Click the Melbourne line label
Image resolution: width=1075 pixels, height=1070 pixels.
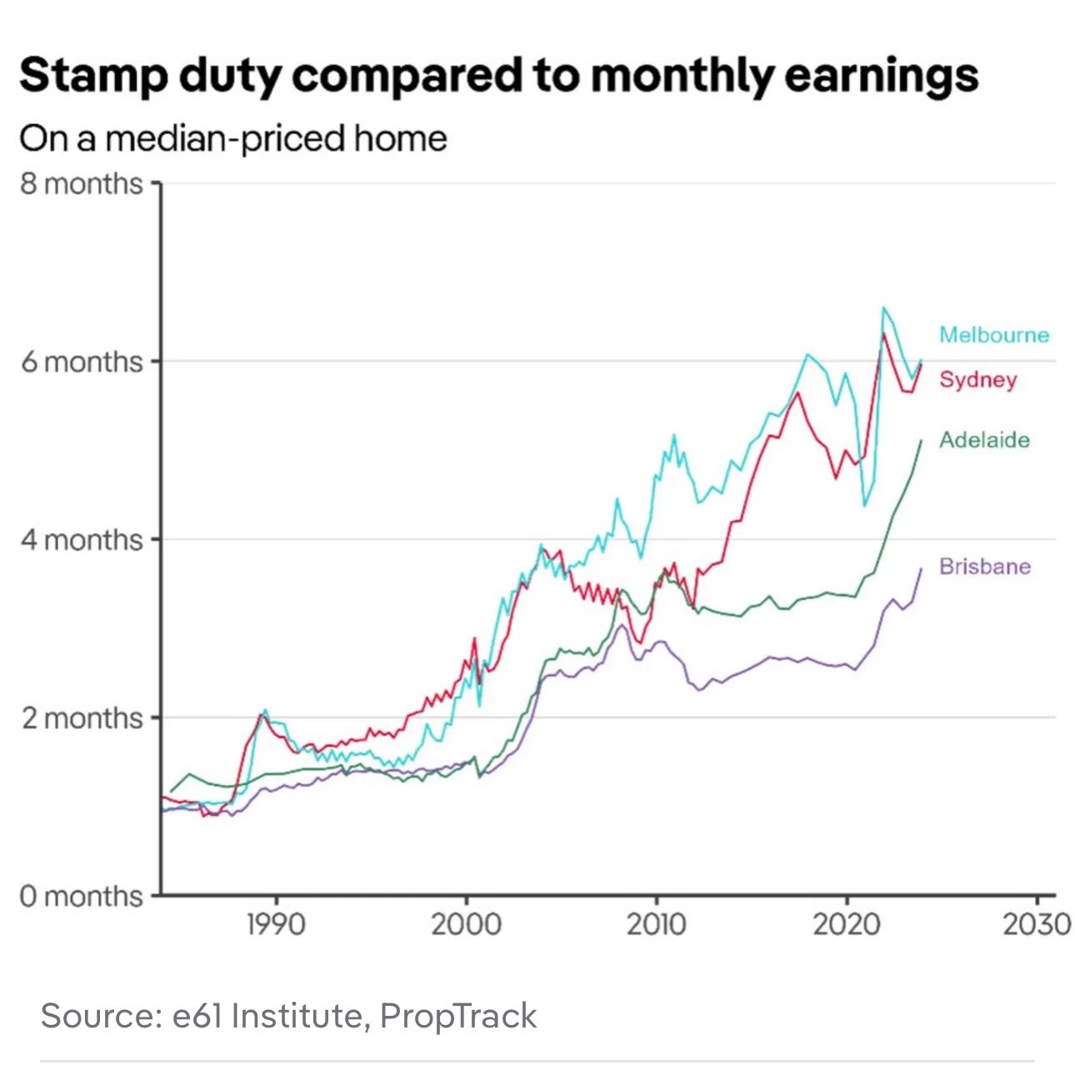[x=993, y=335]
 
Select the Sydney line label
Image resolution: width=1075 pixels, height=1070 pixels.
[x=977, y=380]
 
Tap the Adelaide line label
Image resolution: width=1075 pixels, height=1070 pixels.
[x=984, y=440]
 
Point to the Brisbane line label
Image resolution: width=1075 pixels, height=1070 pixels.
[x=984, y=567]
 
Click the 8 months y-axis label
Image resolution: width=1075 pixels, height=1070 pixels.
[x=82, y=183]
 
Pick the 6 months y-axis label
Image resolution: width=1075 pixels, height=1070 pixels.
[x=82, y=362]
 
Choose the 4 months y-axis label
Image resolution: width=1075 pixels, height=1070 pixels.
[x=82, y=540]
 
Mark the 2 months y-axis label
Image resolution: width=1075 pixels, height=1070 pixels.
[x=82, y=717]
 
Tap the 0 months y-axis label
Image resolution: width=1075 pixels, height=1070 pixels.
[x=82, y=896]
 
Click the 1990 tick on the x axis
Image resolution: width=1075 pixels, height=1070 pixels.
[x=276, y=924]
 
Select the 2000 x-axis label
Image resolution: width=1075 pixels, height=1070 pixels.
[x=466, y=924]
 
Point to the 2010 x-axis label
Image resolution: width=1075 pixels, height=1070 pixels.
[x=657, y=924]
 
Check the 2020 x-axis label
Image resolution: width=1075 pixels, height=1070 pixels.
[x=847, y=924]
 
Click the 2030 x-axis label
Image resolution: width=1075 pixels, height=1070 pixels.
[x=1037, y=924]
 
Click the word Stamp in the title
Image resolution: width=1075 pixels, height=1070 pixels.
[x=92, y=77]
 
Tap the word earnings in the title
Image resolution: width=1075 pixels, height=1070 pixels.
[x=881, y=77]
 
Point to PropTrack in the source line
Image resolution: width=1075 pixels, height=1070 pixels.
[x=457, y=1016]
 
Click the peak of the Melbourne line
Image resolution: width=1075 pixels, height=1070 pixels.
[x=883, y=307]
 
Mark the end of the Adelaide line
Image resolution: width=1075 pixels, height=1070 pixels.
[x=921, y=440]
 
